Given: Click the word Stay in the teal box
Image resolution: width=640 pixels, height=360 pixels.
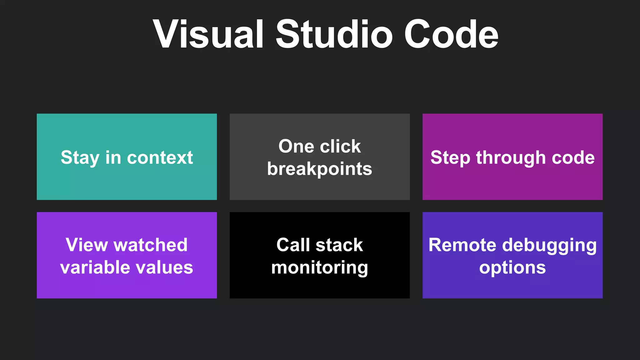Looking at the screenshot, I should click(x=80, y=157).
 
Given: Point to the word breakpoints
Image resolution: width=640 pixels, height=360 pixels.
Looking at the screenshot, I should click(x=319, y=169).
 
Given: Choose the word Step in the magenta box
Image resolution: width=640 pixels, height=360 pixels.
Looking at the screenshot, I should click(x=450, y=157).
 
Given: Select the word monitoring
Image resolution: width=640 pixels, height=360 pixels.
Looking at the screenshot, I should click(x=319, y=268).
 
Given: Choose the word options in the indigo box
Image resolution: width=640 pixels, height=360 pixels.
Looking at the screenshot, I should click(x=512, y=268).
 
